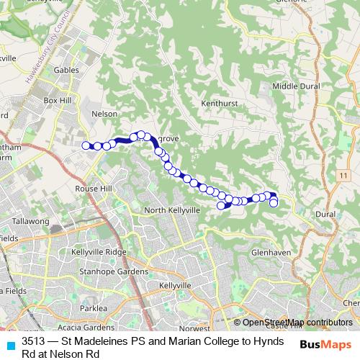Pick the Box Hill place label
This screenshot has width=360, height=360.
tap(59, 101)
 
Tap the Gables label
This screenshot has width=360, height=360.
tap(66, 71)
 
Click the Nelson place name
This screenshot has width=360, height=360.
tap(105, 113)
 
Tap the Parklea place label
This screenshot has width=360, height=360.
tap(94, 307)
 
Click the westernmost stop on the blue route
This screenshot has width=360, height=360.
tap(86, 145)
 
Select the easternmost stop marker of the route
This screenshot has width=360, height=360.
tap(274, 203)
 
